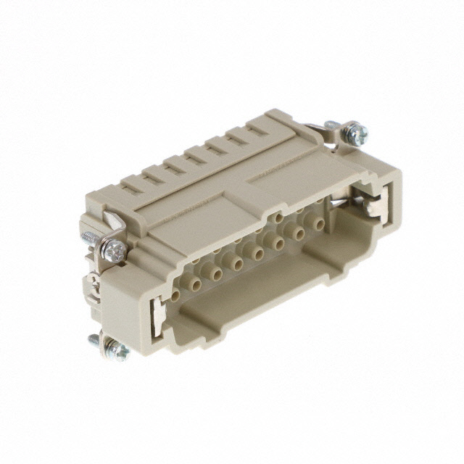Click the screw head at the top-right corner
click(355, 133)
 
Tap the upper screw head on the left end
click(114, 251)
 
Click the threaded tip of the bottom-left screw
click(94, 338)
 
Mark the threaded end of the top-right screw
click(331, 125)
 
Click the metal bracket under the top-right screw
click(335, 141)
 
